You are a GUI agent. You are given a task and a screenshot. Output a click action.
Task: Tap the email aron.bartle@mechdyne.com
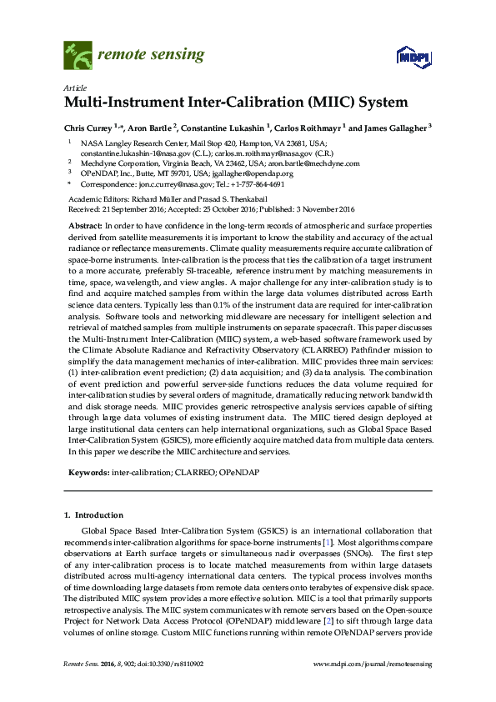point(319,164)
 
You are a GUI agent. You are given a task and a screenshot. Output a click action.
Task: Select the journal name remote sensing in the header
point(151,56)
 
